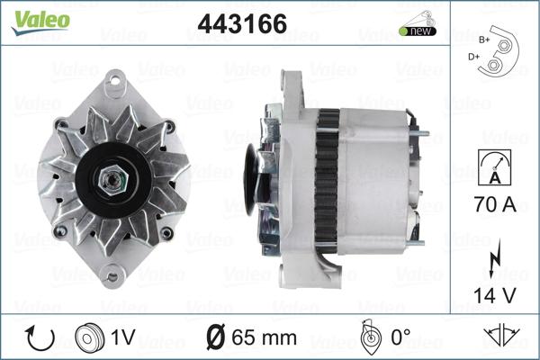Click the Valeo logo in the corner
40,22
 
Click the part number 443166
242,23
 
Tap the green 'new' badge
418,31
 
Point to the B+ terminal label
484,40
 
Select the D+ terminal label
474,57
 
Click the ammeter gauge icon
494,167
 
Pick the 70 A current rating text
495,204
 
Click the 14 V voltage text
495,295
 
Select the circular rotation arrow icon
40,338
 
